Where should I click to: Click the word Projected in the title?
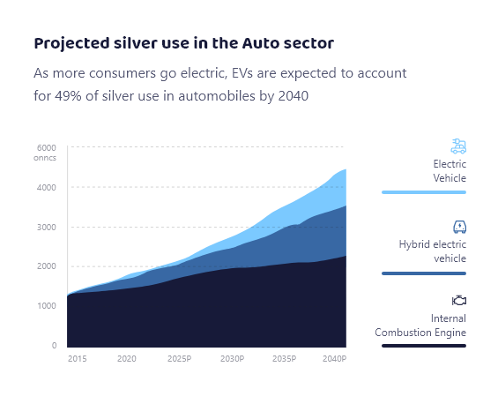pyautogui.click(x=71, y=44)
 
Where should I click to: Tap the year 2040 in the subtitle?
pyautogui.click(x=294, y=95)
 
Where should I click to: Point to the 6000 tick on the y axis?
pyautogui.click(x=47, y=148)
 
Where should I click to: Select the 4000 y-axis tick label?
pyautogui.click(x=47, y=188)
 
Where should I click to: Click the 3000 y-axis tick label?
pyautogui.click(x=47, y=228)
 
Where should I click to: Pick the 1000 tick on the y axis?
pyautogui.click(x=47, y=306)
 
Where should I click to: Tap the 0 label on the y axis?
pyautogui.click(x=55, y=346)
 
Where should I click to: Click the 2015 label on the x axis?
pyautogui.click(x=78, y=359)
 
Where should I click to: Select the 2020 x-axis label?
pyautogui.click(x=127, y=359)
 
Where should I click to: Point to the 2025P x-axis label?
pyautogui.click(x=180, y=359)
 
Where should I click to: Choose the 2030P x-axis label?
pyautogui.click(x=232, y=359)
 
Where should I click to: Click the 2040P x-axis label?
pyautogui.click(x=334, y=359)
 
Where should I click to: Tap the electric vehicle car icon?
pyautogui.click(x=458, y=146)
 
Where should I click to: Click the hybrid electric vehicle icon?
pyautogui.click(x=459, y=227)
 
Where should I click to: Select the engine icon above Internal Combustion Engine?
pyautogui.click(x=459, y=301)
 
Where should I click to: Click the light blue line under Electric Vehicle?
pyautogui.click(x=424, y=192)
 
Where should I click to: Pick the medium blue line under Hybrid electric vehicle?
pyautogui.click(x=424, y=273)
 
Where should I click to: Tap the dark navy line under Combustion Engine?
pyautogui.click(x=424, y=346)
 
